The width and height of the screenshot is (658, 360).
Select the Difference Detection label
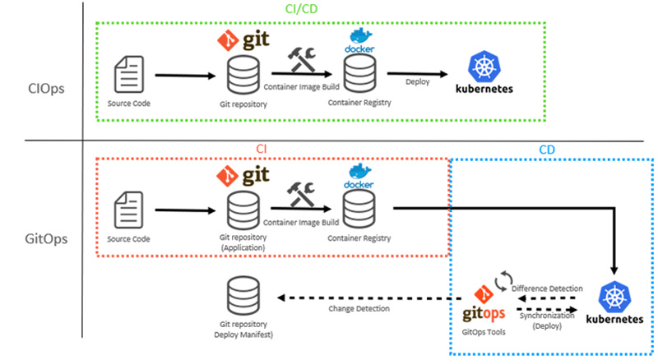pos(547,288)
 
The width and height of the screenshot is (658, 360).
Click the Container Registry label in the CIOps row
pos(359,104)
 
